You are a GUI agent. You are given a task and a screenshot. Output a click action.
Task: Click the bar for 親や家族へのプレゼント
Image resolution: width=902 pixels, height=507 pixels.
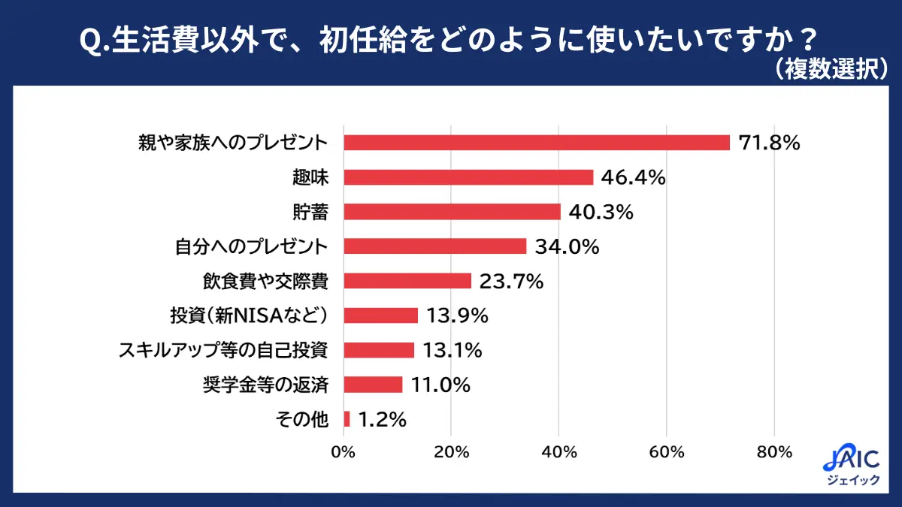[537, 143]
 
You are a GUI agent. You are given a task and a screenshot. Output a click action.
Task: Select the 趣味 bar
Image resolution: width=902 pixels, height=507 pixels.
[468, 177]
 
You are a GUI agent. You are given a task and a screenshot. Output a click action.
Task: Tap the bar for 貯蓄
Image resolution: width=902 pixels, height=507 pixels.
[452, 212]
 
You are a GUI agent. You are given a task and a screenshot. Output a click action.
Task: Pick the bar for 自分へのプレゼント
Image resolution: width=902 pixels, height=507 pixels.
[435, 246]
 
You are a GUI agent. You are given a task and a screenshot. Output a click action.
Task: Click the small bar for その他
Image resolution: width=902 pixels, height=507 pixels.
[347, 419]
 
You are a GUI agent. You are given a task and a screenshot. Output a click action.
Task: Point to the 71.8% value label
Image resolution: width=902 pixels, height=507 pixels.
[769, 143]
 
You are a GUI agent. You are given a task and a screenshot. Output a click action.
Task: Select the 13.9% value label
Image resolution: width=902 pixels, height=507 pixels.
[457, 315]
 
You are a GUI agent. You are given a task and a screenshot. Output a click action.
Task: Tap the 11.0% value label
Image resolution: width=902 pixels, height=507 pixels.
[441, 385]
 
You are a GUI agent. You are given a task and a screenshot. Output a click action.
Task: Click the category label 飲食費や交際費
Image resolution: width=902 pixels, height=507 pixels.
[266, 281]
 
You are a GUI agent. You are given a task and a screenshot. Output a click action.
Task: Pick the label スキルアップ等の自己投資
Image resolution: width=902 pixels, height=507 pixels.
[224, 350]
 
